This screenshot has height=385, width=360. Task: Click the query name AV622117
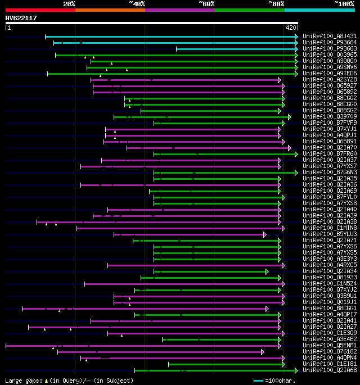point(21,18)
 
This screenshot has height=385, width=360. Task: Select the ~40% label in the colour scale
point(137,4)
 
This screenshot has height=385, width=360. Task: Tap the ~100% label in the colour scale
point(344,4)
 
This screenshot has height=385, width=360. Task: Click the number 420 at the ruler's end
point(291,28)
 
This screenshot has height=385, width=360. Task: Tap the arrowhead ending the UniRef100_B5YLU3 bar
point(264,234)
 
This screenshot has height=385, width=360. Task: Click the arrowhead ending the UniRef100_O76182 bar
point(262,352)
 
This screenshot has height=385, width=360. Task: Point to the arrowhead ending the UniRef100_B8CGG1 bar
point(267,309)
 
